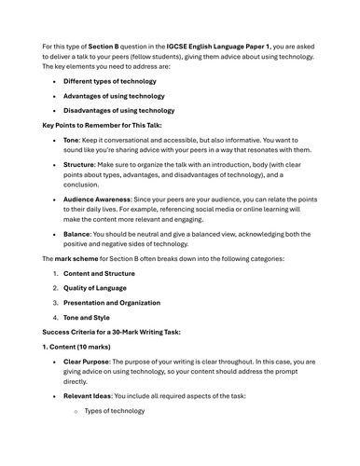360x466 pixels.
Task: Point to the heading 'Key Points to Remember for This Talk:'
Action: tap(101, 125)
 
